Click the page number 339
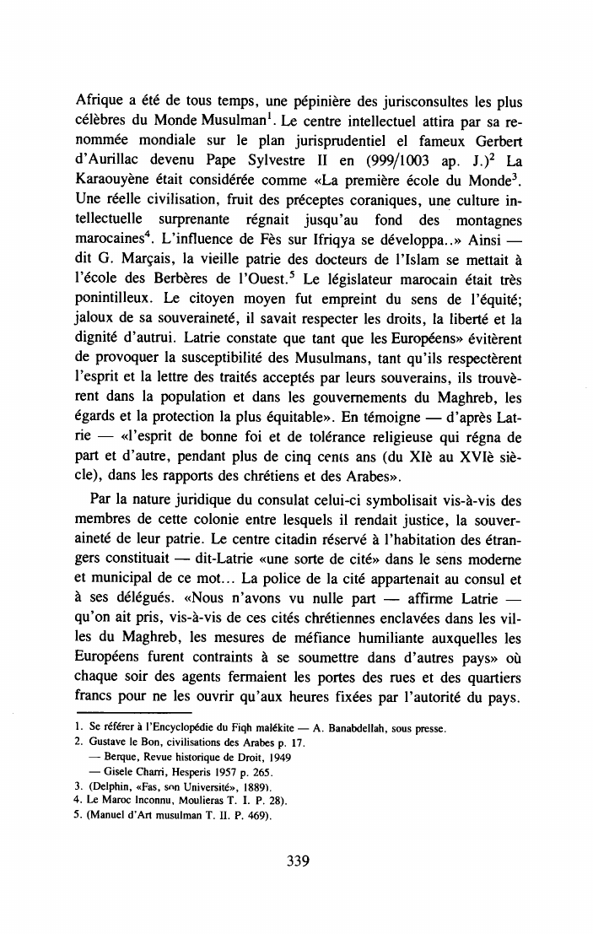(x=296, y=861)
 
